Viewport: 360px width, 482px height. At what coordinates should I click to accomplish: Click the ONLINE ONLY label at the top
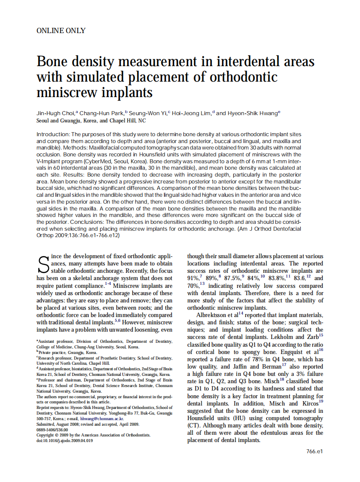(x=61, y=31)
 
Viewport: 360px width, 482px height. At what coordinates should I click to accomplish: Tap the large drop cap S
(x=43, y=265)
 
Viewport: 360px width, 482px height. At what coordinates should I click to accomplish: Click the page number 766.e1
(x=314, y=451)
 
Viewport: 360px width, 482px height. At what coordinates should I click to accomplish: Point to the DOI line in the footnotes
(x=64, y=441)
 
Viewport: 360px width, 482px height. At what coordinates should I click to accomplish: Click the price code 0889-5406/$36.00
(x=52, y=429)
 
